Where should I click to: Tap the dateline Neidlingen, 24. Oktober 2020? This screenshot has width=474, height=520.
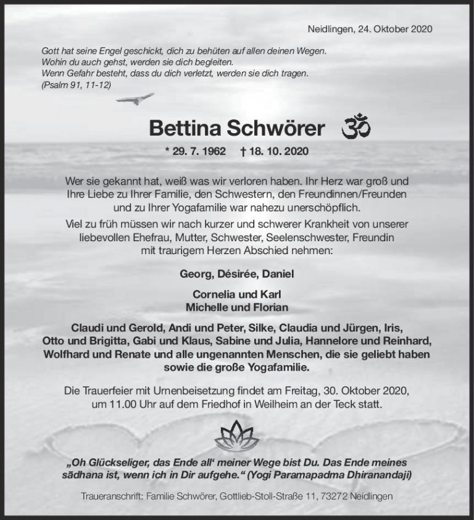[369, 29]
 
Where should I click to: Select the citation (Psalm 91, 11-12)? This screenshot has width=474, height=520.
[76, 85]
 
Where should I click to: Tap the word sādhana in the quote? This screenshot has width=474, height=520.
[86, 475]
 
